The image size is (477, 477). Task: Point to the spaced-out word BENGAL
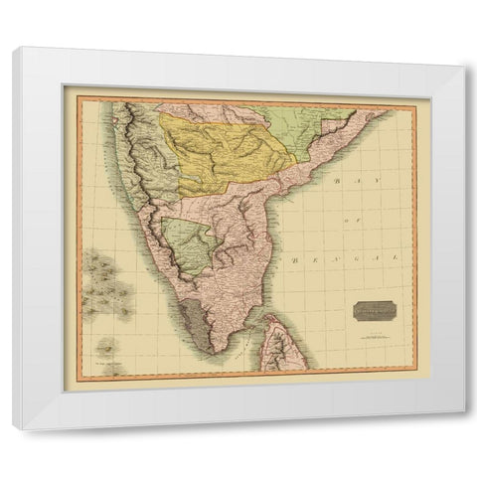344,256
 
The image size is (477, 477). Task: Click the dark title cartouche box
372,311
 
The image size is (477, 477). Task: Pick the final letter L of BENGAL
393,255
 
